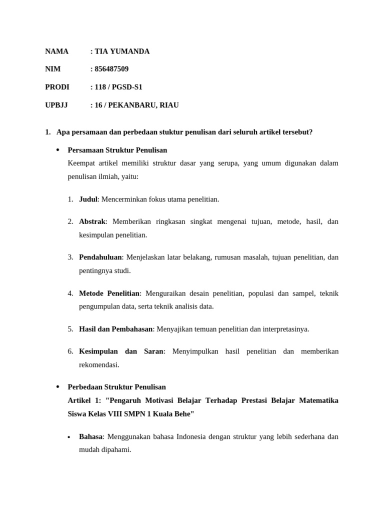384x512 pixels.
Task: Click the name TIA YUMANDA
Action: [x=122, y=51]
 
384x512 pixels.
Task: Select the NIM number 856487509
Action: [x=111, y=69]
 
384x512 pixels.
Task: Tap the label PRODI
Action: [x=57, y=87]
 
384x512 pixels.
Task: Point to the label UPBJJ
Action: [x=56, y=105]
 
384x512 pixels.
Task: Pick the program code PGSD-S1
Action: [x=127, y=87]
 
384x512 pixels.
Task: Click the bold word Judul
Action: [x=88, y=199]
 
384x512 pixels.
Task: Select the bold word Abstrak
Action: [x=92, y=221]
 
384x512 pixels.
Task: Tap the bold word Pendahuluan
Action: [x=100, y=257]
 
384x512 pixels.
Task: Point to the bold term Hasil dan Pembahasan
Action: [x=115, y=329]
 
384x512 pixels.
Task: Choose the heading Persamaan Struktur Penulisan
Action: [x=117, y=150]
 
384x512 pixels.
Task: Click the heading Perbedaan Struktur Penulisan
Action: [x=116, y=387]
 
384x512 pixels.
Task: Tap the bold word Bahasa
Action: [x=90, y=436]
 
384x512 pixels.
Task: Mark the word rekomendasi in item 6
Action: [x=99, y=365]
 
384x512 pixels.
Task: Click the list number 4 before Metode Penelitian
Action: [x=70, y=293]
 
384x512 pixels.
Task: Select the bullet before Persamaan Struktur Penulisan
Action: [x=57, y=150]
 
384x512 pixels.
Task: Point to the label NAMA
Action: [x=56, y=51]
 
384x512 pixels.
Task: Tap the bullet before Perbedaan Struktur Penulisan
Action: [x=57, y=387]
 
